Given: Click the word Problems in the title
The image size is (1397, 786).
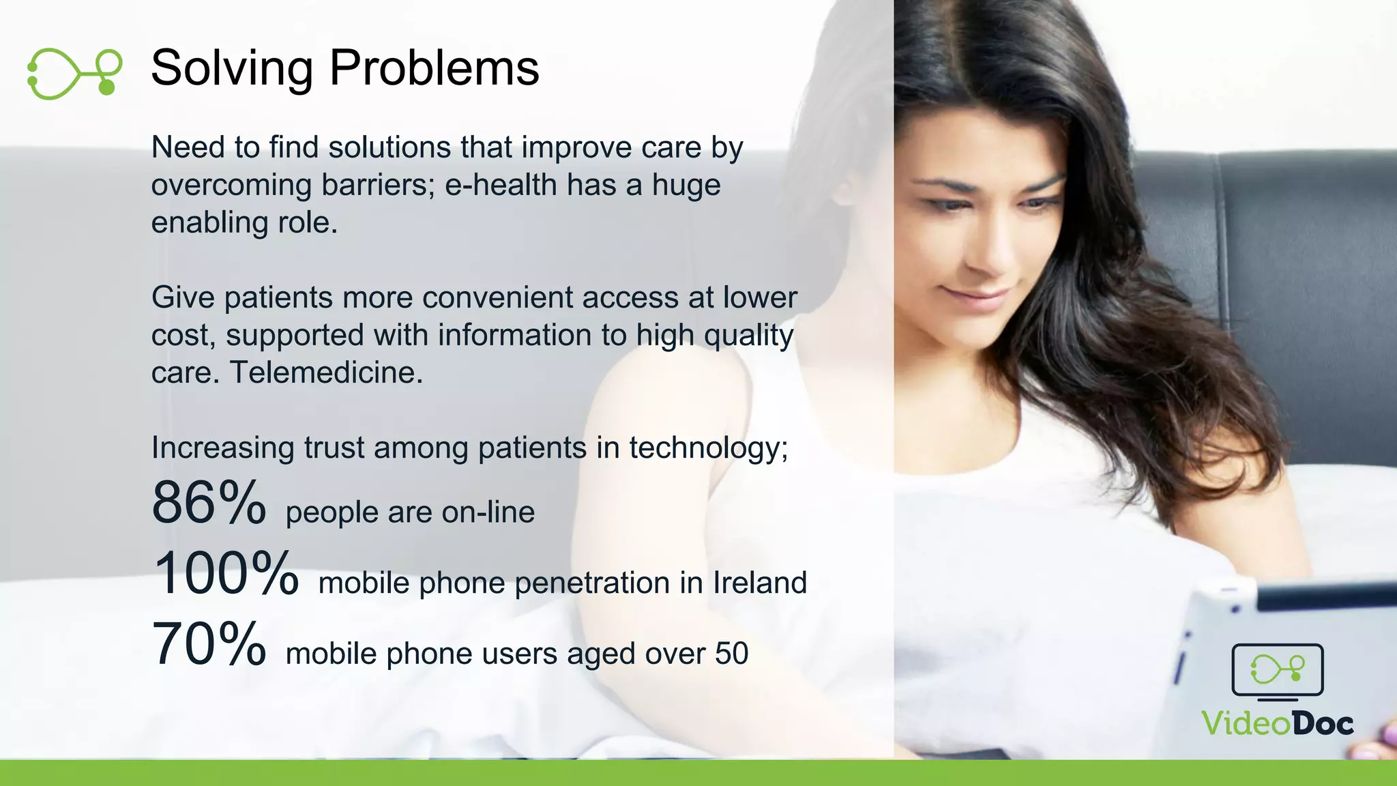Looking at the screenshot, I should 434,68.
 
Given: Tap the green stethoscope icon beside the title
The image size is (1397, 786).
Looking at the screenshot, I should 74,73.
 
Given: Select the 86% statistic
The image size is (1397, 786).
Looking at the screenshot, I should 209,504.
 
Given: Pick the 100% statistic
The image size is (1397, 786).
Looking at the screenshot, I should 226,574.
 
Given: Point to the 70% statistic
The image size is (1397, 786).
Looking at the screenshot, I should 209,644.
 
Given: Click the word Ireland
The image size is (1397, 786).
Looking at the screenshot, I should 759,583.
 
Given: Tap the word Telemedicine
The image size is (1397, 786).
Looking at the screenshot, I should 326,373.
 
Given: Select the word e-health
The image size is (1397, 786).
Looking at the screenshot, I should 501,185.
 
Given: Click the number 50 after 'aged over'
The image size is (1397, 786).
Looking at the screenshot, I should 731,654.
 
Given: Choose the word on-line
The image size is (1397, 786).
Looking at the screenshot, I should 488,512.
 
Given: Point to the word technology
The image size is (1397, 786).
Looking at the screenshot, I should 707,448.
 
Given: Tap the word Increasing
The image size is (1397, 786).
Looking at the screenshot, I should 222,448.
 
